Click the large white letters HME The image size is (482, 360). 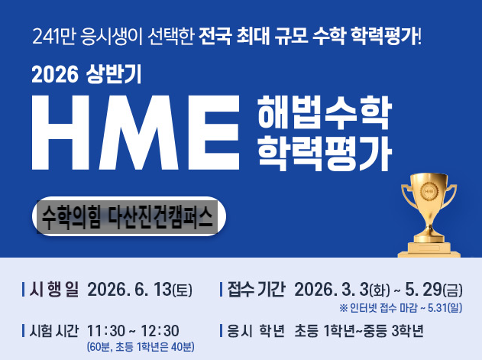135,132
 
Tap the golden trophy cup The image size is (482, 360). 429,215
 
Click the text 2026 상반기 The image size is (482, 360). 86,74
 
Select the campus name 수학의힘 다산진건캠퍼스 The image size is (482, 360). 128,216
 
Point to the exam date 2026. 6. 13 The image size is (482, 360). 129,290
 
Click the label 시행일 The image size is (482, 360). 53,290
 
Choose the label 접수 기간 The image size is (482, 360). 257,290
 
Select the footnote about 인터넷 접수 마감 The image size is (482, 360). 401,308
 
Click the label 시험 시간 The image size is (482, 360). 53,331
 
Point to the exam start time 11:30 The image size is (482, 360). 106,331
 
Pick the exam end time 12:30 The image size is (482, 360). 160,331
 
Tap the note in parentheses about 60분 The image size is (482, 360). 141,347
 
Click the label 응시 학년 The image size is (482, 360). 256,331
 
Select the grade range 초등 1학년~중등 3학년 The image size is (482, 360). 359,331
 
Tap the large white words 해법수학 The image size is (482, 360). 325,112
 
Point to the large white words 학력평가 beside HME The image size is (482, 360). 325,153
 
